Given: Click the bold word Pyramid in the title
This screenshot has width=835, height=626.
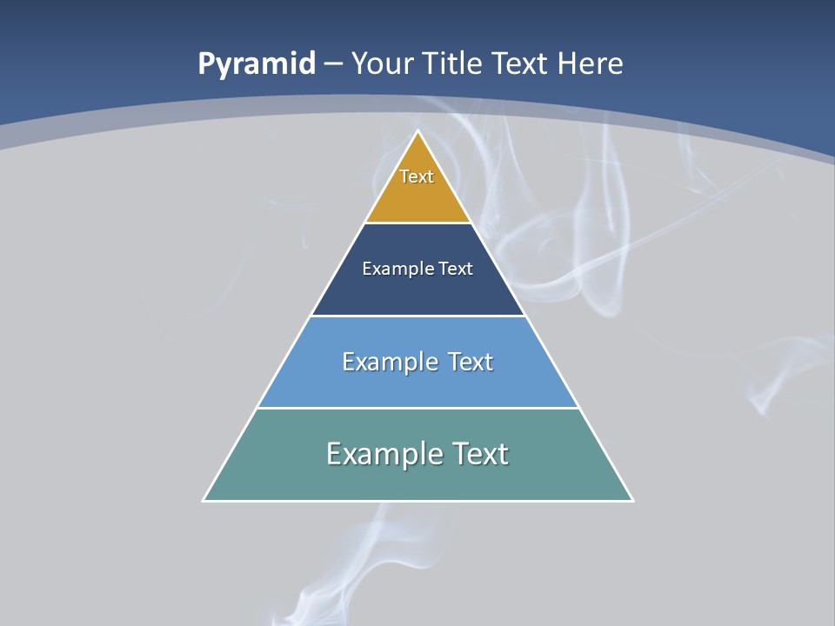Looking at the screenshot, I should [x=256, y=64].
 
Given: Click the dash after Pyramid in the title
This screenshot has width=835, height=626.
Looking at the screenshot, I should [x=333, y=64].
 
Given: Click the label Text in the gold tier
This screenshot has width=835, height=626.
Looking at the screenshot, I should [x=417, y=176].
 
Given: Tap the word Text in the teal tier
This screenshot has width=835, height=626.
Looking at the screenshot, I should [x=477, y=454].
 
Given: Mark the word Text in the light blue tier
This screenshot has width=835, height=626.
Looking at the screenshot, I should [x=471, y=361].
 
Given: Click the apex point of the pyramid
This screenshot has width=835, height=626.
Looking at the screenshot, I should [x=418, y=132].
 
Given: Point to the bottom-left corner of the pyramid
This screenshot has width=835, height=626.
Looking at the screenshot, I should [x=204, y=500].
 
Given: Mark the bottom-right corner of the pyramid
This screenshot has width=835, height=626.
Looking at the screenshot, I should [x=632, y=500].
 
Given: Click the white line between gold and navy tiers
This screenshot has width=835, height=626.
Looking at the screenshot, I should [x=418, y=223].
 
